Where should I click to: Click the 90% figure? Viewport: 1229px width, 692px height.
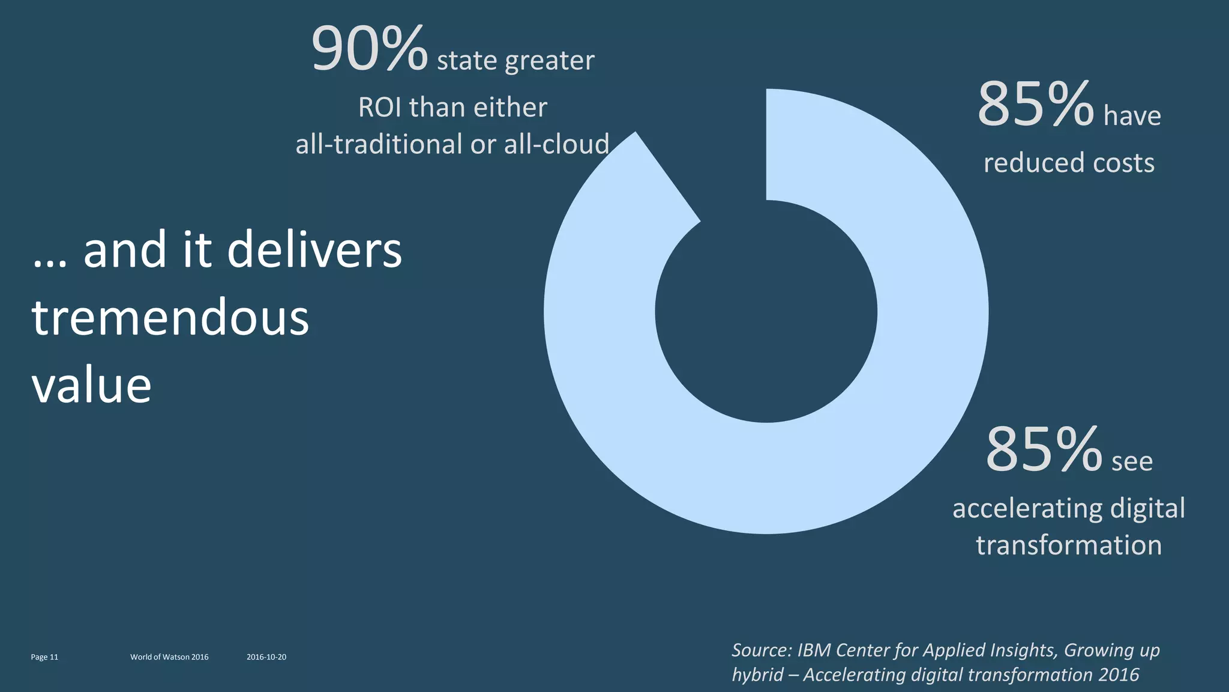pos(369,49)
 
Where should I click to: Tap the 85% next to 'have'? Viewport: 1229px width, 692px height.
pos(1035,105)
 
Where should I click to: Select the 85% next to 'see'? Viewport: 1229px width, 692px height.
pos(1044,450)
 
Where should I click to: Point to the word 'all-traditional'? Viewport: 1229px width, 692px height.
pos(379,145)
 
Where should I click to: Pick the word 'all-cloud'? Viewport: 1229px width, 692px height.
pos(556,145)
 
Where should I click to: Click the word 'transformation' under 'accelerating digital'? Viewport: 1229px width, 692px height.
pos(1069,545)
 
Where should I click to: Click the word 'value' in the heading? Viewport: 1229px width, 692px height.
pos(92,385)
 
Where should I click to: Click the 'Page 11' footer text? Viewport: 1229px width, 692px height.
pos(44,657)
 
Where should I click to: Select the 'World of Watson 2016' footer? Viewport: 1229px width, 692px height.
pos(169,657)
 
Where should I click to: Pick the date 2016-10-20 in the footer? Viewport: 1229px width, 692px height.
pos(266,657)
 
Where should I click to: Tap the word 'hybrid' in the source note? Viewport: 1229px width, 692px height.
pos(757,675)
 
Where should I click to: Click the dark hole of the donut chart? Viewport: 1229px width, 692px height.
pos(766,311)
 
